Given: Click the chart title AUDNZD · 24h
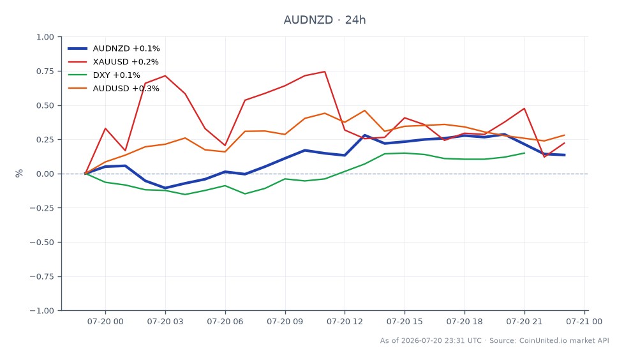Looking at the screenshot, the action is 324,20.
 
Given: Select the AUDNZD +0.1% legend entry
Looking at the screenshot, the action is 114,49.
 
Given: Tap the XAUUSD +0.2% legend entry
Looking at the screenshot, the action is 113,62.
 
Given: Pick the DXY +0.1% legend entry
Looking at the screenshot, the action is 104,75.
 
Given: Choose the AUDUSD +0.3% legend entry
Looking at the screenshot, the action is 114,89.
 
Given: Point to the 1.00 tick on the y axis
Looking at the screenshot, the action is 45,37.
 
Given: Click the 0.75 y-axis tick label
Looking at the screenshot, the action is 45,71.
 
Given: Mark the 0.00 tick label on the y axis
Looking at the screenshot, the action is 45,174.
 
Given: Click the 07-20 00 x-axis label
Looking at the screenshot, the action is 105,321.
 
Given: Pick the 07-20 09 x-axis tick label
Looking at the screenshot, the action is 285,321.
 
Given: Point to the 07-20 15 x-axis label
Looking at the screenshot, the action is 405,321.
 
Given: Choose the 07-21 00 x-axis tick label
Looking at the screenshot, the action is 584,321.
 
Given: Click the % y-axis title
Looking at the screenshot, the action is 19,173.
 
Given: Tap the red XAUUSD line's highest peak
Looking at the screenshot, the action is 325,71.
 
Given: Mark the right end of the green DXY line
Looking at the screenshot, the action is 524,153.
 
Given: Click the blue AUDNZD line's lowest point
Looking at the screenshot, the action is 165,188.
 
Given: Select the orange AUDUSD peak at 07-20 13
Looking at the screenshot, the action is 364,110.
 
